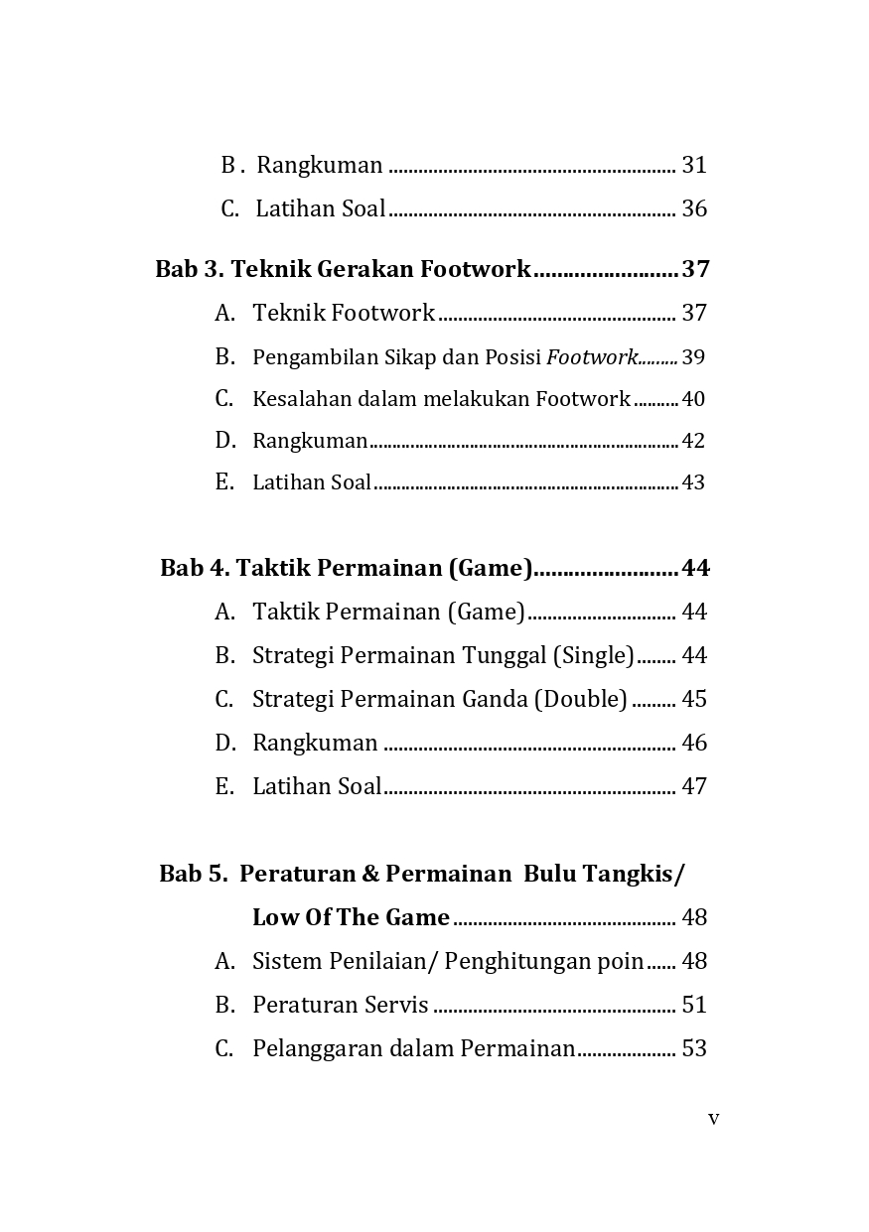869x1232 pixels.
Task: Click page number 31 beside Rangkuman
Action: pyautogui.click(x=694, y=165)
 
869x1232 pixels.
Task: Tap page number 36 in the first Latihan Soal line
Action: pyautogui.click(x=694, y=208)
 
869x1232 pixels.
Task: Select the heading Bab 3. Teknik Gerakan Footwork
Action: pyautogui.click(x=343, y=269)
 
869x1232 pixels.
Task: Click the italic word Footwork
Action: pyautogui.click(x=592, y=357)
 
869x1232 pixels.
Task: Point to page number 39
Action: pyautogui.click(x=693, y=357)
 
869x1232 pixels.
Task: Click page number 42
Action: pyautogui.click(x=693, y=441)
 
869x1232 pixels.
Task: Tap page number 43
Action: pyautogui.click(x=693, y=482)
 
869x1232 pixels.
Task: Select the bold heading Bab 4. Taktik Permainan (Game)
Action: pyautogui.click(x=347, y=568)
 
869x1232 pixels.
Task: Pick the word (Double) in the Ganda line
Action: pyautogui.click(x=581, y=699)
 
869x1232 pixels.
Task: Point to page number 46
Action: pyautogui.click(x=694, y=743)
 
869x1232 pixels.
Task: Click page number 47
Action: pyautogui.click(x=694, y=786)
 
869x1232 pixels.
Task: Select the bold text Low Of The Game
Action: pyautogui.click(x=351, y=917)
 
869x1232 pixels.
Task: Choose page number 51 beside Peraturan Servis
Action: pyautogui.click(x=694, y=1005)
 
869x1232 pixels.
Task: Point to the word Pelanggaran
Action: pyautogui.click(x=317, y=1048)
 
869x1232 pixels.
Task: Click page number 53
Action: pyautogui.click(x=694, y=1048)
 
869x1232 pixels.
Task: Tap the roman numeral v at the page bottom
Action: pyautogui.click(x=713, y=1119)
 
